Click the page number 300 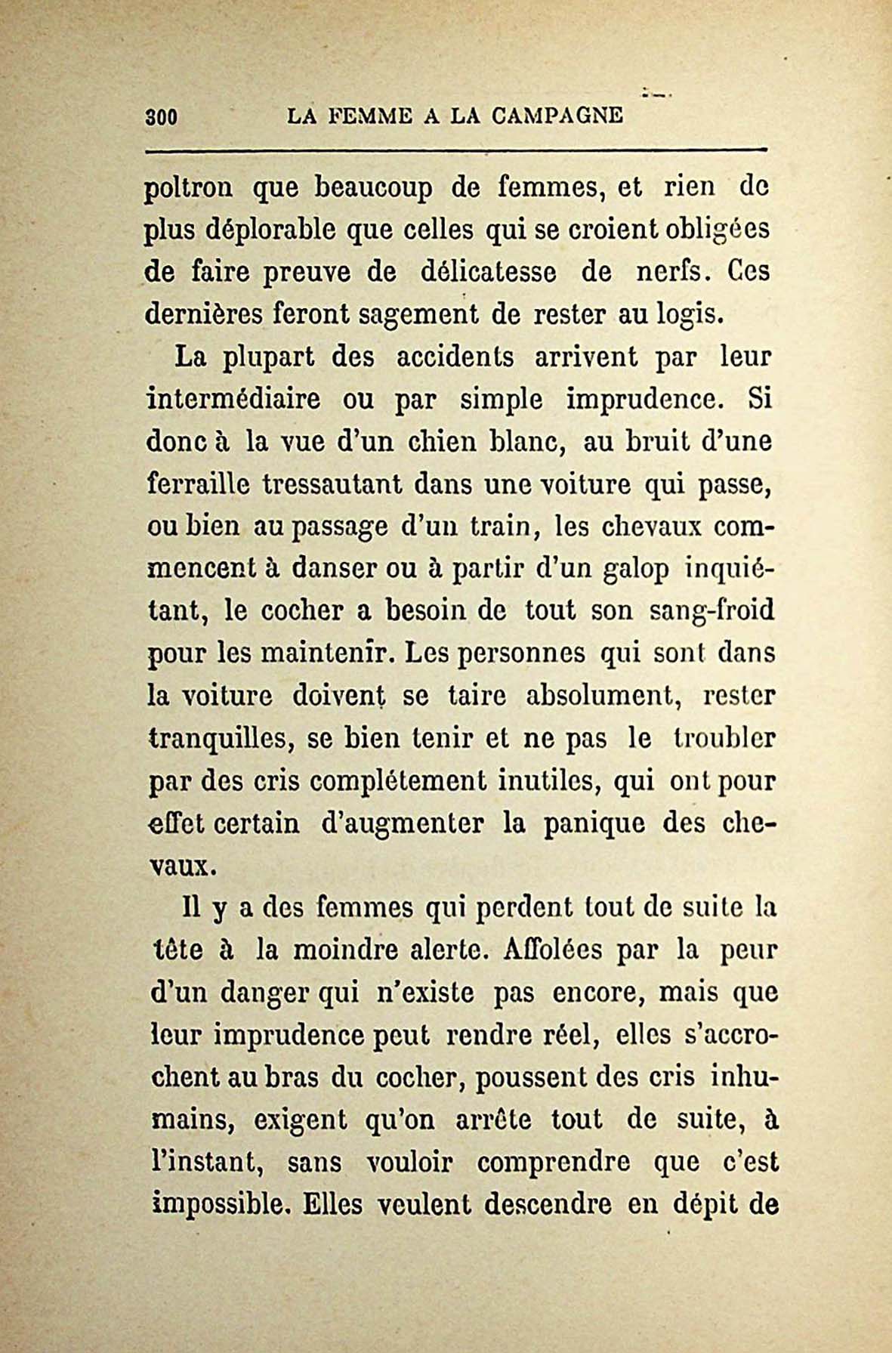160,117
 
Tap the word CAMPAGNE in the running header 557,116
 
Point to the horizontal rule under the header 455,152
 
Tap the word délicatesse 486,272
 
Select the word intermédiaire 233,399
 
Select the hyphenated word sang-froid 712,610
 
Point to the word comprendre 554,1162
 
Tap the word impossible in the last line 218,1204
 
